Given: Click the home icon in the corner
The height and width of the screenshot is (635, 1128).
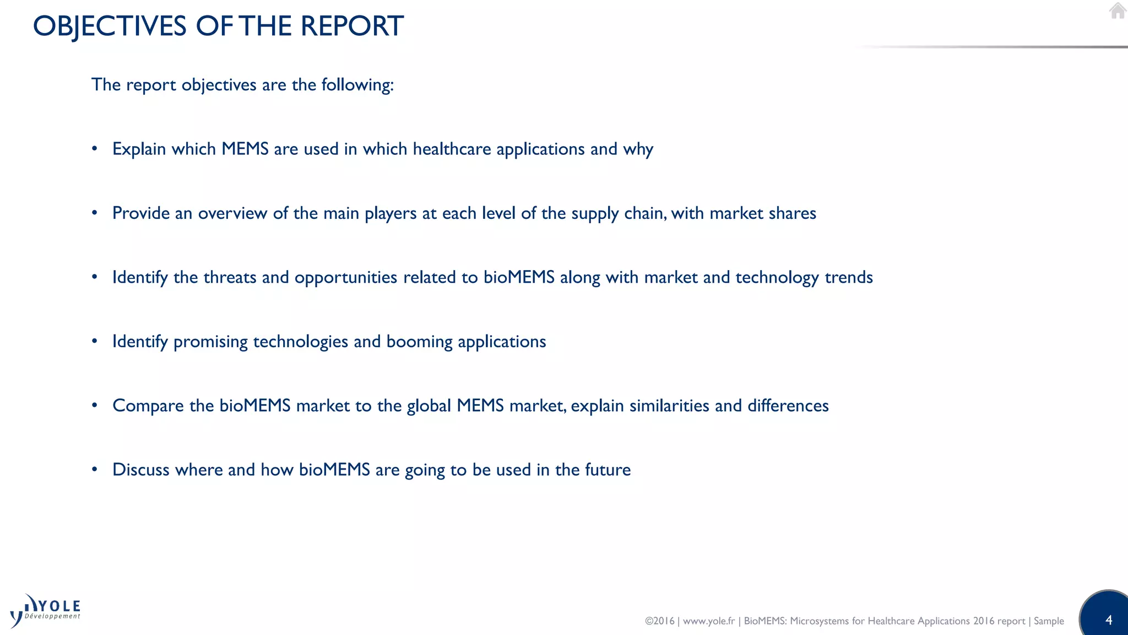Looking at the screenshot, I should pos(1118,11).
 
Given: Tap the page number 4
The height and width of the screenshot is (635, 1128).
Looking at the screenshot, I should pos(1109,620).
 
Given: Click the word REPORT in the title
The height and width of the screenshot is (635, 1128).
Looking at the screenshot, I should pos(352,26).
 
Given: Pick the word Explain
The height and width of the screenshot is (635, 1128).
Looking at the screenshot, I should pos(139,149).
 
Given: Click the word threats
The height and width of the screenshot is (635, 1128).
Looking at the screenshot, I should pos(230,277).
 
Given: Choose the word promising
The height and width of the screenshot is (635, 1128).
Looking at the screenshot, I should pos(210,342).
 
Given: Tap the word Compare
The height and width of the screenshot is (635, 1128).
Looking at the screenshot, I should pos(148,406).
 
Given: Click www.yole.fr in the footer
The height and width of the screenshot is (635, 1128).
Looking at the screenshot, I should pos(709,621).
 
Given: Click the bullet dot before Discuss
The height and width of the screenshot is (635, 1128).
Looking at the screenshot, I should pos(95,470).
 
